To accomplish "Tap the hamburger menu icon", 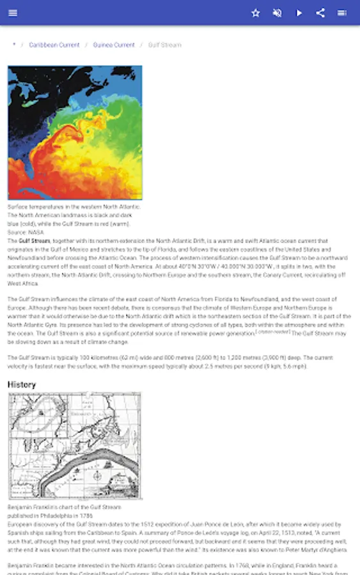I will point(13,13).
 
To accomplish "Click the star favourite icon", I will point(256,13).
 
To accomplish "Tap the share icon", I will point(320,13).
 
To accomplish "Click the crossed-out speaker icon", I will point(277,13).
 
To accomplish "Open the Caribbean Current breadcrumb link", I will point(54,45).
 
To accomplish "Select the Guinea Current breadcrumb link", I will point(114,45).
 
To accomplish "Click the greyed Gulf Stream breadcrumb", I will point(164,45).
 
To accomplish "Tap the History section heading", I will point(22,385).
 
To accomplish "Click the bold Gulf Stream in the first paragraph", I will point(34,241).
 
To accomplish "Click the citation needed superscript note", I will point(273,332).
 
